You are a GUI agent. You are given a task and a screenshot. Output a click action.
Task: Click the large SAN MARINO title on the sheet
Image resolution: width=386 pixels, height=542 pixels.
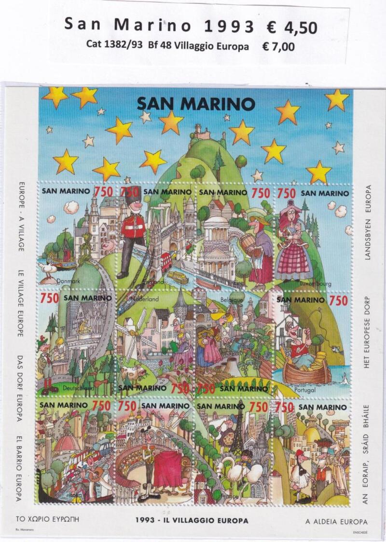(x=195, y=103)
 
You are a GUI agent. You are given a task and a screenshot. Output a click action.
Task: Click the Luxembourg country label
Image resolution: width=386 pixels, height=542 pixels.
(x=315, y=284)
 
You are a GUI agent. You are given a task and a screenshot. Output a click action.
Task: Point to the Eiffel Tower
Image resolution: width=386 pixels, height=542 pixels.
(x=237, y=429)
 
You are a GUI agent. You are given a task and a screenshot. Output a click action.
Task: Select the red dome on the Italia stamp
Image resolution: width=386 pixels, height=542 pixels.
(x=68, y=444)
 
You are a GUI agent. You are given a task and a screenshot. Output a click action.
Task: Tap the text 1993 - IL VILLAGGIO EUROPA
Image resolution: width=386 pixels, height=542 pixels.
(x=192, y=521)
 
